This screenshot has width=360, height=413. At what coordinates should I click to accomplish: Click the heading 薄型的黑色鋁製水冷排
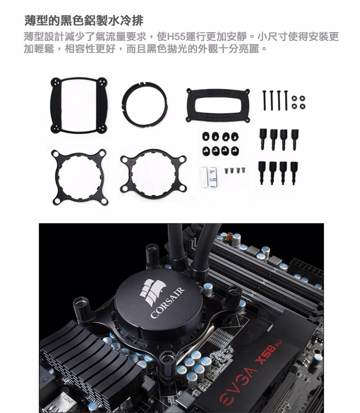point(84,20)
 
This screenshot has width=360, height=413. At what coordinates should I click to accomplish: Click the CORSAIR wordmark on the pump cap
point(167,303)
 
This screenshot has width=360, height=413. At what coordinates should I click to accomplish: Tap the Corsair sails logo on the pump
point(153,291)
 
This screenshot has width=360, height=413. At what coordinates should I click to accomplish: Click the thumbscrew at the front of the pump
point(167,364)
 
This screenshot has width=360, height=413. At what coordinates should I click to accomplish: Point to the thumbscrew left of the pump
point(82,308)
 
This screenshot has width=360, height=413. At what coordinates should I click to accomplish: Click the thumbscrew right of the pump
point(233,298)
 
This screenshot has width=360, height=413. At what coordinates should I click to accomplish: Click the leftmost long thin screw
point(264,100)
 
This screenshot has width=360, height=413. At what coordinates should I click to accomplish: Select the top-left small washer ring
point(295,99)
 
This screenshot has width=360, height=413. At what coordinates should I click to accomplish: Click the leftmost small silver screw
point(226,171)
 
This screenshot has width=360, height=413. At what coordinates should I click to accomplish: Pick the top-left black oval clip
point(206,136)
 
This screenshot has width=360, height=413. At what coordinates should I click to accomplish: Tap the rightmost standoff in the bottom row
point(294,173)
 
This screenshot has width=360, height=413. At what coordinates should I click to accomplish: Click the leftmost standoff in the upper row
point(263,139)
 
